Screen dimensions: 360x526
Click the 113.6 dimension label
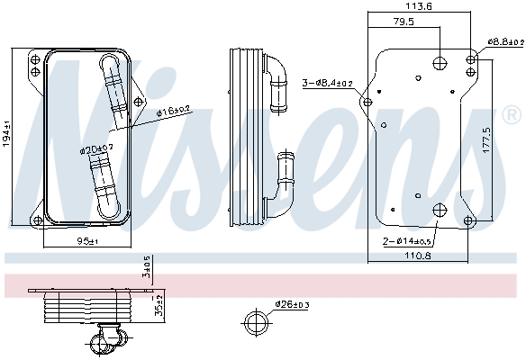click(x=421, y=6)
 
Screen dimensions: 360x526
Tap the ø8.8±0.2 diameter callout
click(x=504, y=41)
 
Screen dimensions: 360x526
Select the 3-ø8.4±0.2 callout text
click(x=327, y=83)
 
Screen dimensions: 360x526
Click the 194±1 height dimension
click(x=6, y=134)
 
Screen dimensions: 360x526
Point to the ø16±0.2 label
click(x=171, y=112)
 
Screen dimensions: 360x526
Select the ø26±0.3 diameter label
click(x=292, y=304)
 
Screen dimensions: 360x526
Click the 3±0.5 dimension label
click(x=146, y=266)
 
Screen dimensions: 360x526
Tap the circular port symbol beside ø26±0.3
click(x=256, y=322)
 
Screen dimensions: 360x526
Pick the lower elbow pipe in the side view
click(x=284, y=184)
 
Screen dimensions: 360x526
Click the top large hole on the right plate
click(x=439, y=62)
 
